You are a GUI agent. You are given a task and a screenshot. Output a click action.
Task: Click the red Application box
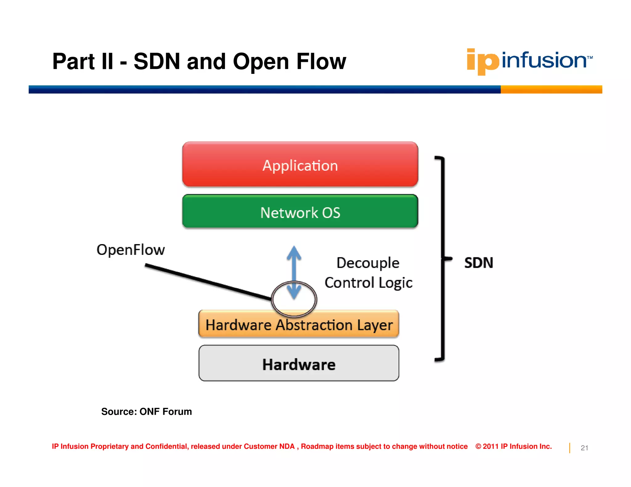click(300, 165)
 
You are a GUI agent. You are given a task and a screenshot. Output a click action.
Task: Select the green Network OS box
click(300, 212)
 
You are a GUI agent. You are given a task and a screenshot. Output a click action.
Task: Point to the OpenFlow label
click(131, 250)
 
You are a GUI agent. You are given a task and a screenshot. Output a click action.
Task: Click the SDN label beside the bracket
click(478, 263)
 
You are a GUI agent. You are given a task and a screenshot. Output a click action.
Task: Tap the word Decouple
click(368, 263)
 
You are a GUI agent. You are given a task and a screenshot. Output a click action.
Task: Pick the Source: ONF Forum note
click(146, 412)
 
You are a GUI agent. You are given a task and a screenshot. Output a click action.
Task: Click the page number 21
click(584, 448)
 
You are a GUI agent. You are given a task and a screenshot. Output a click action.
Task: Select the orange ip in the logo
click(482, 62)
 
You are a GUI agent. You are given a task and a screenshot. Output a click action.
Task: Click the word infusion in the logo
click(544, 60)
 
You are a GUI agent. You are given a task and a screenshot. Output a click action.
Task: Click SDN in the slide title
click(157, 62)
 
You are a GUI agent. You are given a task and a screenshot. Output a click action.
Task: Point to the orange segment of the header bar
click(551, 90)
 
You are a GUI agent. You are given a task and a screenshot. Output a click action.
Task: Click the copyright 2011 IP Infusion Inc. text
click(514, 446)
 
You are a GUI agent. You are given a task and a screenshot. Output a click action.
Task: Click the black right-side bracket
click(443, 259)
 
